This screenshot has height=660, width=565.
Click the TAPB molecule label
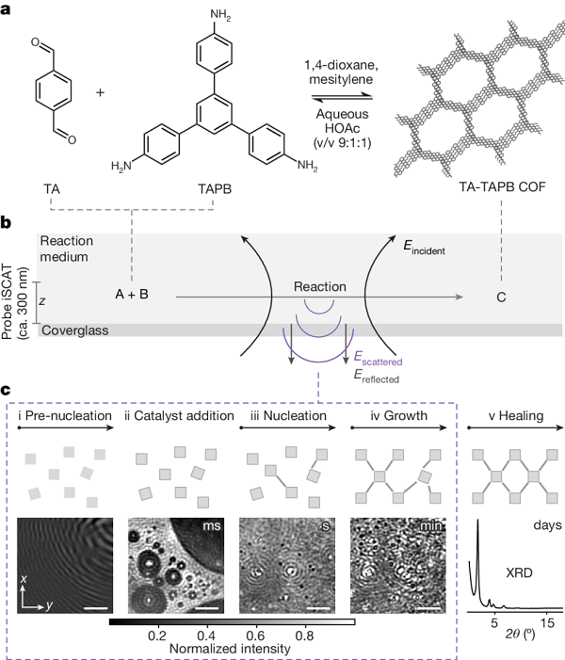click(215, 189)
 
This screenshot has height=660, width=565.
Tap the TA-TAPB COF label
click(502, 186)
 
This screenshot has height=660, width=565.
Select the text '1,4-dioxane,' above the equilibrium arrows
click(342, 65)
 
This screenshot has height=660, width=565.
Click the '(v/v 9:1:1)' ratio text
click(342, 143)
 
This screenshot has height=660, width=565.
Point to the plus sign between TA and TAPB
click(100, 92)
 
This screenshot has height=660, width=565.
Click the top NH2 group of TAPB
click(220, 15)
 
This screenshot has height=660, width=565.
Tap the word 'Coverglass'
click(75, 330)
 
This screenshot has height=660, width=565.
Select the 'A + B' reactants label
click(132, 294)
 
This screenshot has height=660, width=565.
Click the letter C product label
click(501, 298)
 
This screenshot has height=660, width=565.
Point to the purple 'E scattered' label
click(378, 358)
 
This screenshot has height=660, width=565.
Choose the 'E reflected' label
click(376, 376)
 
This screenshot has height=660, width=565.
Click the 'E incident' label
click(424, 247)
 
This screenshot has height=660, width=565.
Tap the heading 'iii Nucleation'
click(288, 416)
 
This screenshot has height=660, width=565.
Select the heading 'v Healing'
click(516, 416)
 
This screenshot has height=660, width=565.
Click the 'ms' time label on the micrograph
click(212, 526)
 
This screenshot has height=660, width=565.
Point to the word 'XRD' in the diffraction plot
click(519, 572)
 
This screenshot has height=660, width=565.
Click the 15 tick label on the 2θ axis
click(547, 623)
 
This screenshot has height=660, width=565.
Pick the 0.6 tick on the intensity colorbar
click(255, 636)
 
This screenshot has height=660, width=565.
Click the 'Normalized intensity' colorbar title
click(230, 649)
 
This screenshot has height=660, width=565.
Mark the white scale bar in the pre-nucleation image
click(95, 608)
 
